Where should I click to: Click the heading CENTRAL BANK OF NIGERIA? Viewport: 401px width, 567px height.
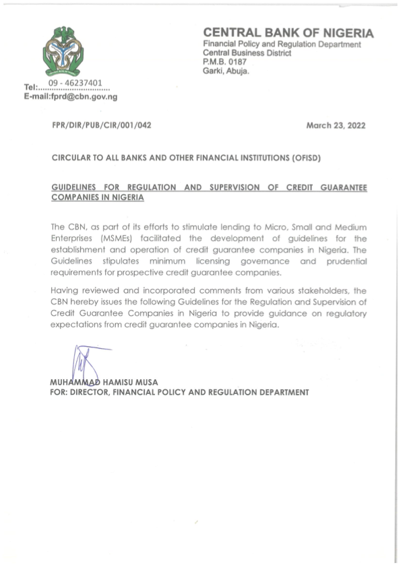coord(288,34)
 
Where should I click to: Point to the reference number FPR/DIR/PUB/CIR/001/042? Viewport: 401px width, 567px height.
coord(101,126)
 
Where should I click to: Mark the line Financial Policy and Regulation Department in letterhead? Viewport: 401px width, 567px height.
coord(282,44)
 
